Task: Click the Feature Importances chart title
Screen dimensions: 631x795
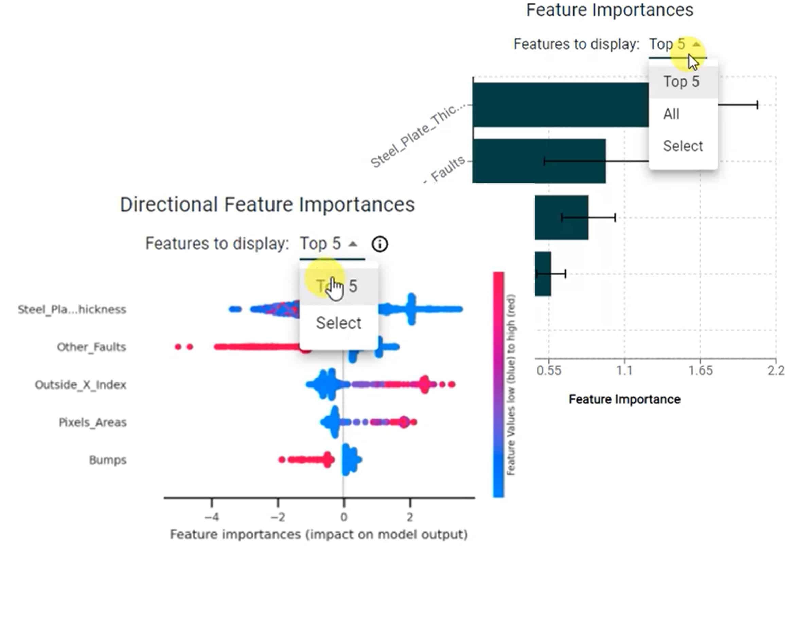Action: point(609,10)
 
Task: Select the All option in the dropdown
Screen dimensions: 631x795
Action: point(671,114)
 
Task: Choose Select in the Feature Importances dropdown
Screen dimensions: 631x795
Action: point(683,146)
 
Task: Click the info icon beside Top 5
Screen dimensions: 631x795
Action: point(379,244)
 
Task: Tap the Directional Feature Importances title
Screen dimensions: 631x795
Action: point(267,204)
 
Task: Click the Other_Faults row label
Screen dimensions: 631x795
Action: point(91,347)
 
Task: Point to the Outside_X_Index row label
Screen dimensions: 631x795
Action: point(81,385)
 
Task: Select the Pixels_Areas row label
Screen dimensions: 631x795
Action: point(92,422)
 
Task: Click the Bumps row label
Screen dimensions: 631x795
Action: point(108,460)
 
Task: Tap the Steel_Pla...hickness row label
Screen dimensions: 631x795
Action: point(72,309)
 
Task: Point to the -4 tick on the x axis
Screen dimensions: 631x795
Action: point(212,517)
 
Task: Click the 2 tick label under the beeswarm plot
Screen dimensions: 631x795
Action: point(410,517)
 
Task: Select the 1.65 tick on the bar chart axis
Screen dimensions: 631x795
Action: point(700,371)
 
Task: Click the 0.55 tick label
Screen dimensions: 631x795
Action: point(549,371)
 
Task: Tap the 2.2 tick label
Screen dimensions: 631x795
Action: point(776,371)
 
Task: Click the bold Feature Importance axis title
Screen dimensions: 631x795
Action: point(624,399)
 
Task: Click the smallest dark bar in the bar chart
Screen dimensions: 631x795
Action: point(543,274)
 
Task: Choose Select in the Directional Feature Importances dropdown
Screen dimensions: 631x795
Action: point(338,323)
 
